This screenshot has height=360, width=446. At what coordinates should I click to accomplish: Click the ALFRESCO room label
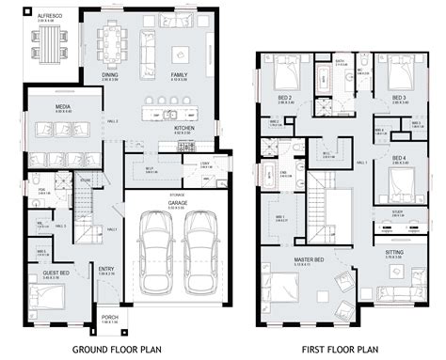[46, 15]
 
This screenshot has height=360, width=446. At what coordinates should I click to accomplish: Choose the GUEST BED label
[55, 274]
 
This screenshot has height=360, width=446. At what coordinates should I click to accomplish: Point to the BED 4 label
[398, 157]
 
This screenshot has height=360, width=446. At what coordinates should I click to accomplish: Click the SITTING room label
[395, 252]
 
